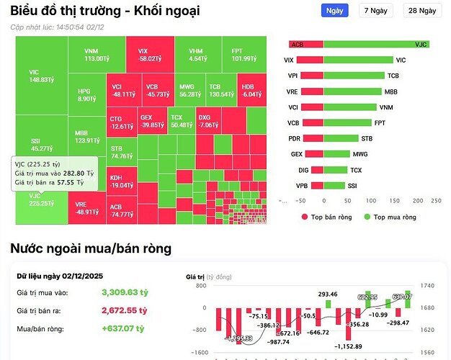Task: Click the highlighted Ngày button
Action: coord(334,11)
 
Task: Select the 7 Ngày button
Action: coord(375,11)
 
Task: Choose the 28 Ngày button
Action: coord(421,11)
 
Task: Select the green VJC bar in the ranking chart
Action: coord(376,44)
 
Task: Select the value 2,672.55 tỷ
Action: coord(122,311)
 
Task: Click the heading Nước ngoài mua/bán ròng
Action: coord(91,249)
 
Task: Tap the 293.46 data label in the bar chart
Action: coord(328,294)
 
